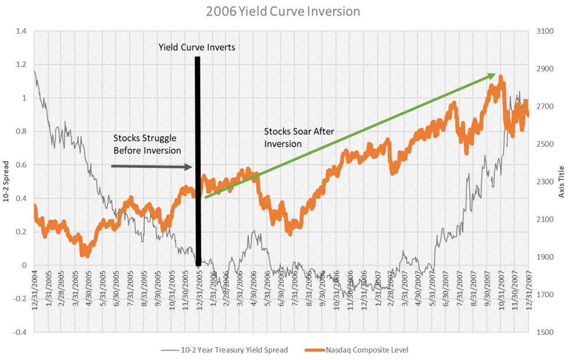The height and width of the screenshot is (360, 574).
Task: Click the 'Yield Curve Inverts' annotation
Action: [x=197, y=47]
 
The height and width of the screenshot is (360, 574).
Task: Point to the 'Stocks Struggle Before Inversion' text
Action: [x=145, y=144]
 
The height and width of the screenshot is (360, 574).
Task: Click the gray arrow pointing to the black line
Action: [x=151, y=167]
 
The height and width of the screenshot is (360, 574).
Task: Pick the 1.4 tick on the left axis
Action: [x=21, y=31]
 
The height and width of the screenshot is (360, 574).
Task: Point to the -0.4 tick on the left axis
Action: [x=20, y=332]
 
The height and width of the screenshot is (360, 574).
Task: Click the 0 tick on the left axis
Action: [x=24, y=265]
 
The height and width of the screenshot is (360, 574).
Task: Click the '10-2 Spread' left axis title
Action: [x=6, y=181]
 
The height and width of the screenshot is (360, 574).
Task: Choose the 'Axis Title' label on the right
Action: [x=562, y=181]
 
